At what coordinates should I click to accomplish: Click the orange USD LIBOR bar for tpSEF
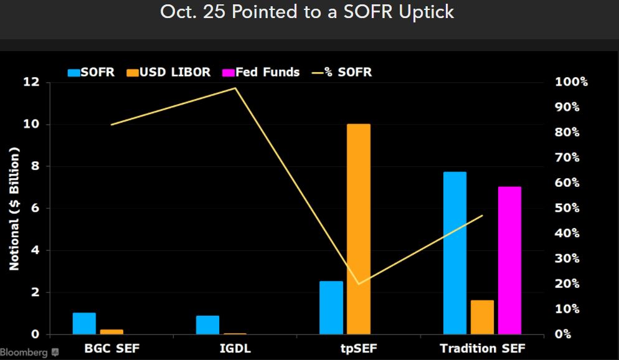tap(358, 229)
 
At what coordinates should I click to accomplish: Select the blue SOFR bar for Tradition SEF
tap(455, 253)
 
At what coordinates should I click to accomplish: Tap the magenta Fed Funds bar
tap(509, 260)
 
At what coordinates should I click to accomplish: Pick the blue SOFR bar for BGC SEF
tap(84, 323)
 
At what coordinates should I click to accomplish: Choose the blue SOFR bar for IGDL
tap(207, 325)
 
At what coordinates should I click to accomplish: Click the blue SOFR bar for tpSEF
tap(331, 308)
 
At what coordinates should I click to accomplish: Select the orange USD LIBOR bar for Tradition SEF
tap(482, 317)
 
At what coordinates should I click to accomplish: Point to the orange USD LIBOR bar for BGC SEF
tap(111, 331)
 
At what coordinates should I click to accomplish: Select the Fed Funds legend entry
tap(261, 72)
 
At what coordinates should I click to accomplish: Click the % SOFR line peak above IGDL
tap(235, 88)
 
